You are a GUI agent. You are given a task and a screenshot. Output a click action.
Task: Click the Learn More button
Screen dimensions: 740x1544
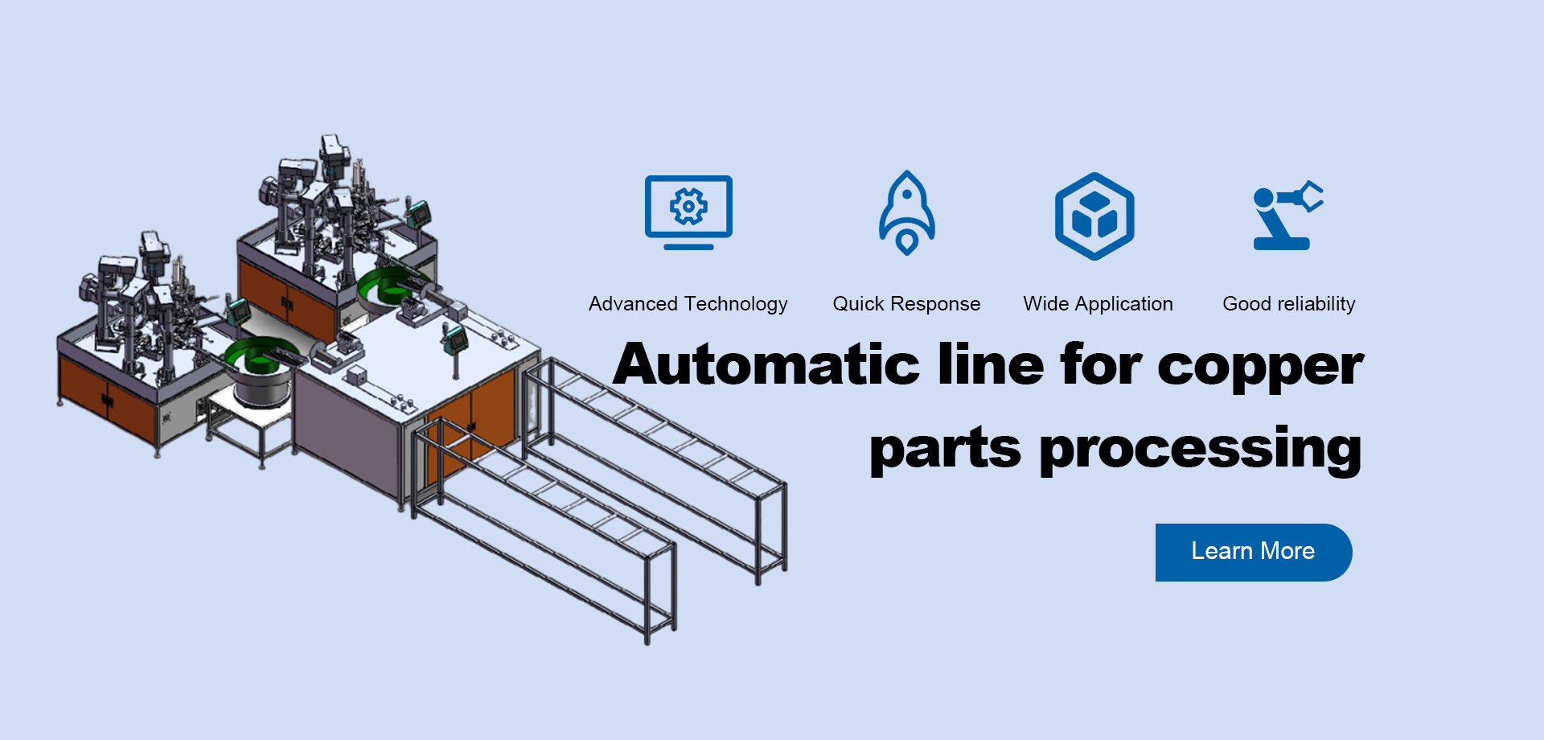[1253, 552]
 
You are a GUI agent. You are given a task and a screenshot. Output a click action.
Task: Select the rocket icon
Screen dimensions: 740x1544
[906, 213]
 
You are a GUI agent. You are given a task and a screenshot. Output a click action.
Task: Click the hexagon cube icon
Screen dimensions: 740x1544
[1094, 216]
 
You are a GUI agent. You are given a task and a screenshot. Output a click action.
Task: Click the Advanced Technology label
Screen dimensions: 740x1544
[688, 304]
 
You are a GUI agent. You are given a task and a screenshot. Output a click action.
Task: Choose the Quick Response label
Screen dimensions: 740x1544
[906, 304]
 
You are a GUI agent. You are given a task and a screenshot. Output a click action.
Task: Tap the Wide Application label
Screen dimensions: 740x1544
[1098, 304]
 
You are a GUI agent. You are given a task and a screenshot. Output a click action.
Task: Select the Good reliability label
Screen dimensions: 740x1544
[1288, 304]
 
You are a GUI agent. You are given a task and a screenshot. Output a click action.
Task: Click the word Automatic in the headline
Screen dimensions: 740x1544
[766, 364]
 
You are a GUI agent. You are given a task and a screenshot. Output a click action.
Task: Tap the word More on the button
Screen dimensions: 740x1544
[1287, 552]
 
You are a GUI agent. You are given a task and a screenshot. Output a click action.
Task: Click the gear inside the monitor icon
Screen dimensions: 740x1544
[688, 207]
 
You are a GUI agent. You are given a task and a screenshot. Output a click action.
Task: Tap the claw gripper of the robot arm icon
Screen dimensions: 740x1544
[1310, 196]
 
